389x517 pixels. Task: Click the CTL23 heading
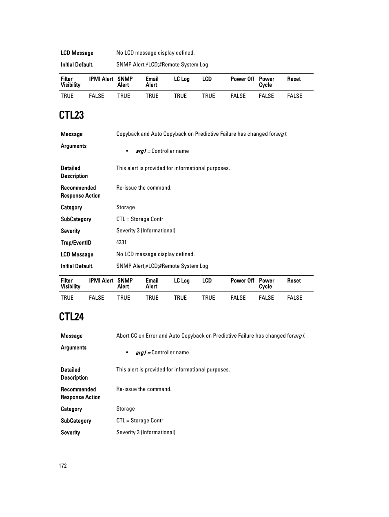point(71,115)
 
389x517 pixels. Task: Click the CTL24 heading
point(71,317)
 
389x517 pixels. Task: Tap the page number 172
point(62,466)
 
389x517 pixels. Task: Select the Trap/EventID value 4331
point(121,242)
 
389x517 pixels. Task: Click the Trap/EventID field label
point(76,243)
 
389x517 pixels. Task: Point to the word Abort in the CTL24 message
point(122,336)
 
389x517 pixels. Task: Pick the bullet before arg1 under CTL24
point(127,352)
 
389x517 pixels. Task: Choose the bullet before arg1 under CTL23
point(127,151)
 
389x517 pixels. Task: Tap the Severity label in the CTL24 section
point(70,433)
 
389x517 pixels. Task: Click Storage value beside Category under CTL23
point(125,207)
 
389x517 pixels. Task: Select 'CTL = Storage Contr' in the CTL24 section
point(139,420)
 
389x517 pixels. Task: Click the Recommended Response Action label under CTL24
point(80,393)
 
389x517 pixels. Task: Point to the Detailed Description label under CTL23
point(74,172)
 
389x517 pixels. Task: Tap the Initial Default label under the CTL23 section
point(77,266)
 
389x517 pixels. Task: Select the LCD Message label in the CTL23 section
point(77,254)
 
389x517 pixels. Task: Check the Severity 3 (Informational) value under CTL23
point(146,230)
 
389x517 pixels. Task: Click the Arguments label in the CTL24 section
point(73,347)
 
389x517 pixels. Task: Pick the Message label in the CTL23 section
point(71,134)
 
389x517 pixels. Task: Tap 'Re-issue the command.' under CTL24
point(144,389)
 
